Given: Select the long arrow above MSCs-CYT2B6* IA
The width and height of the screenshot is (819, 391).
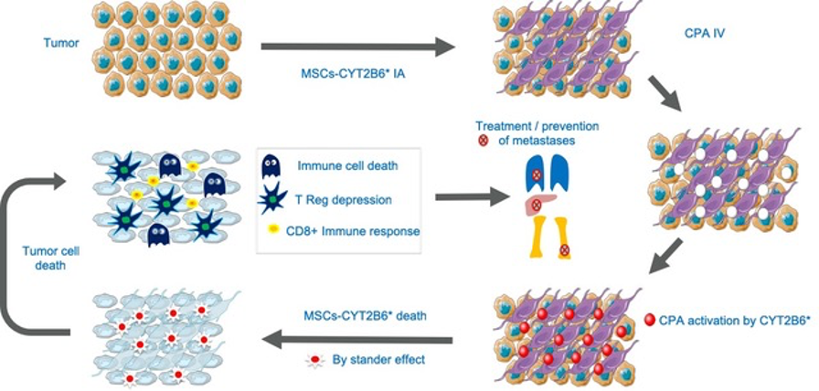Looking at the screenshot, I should (357, 48).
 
